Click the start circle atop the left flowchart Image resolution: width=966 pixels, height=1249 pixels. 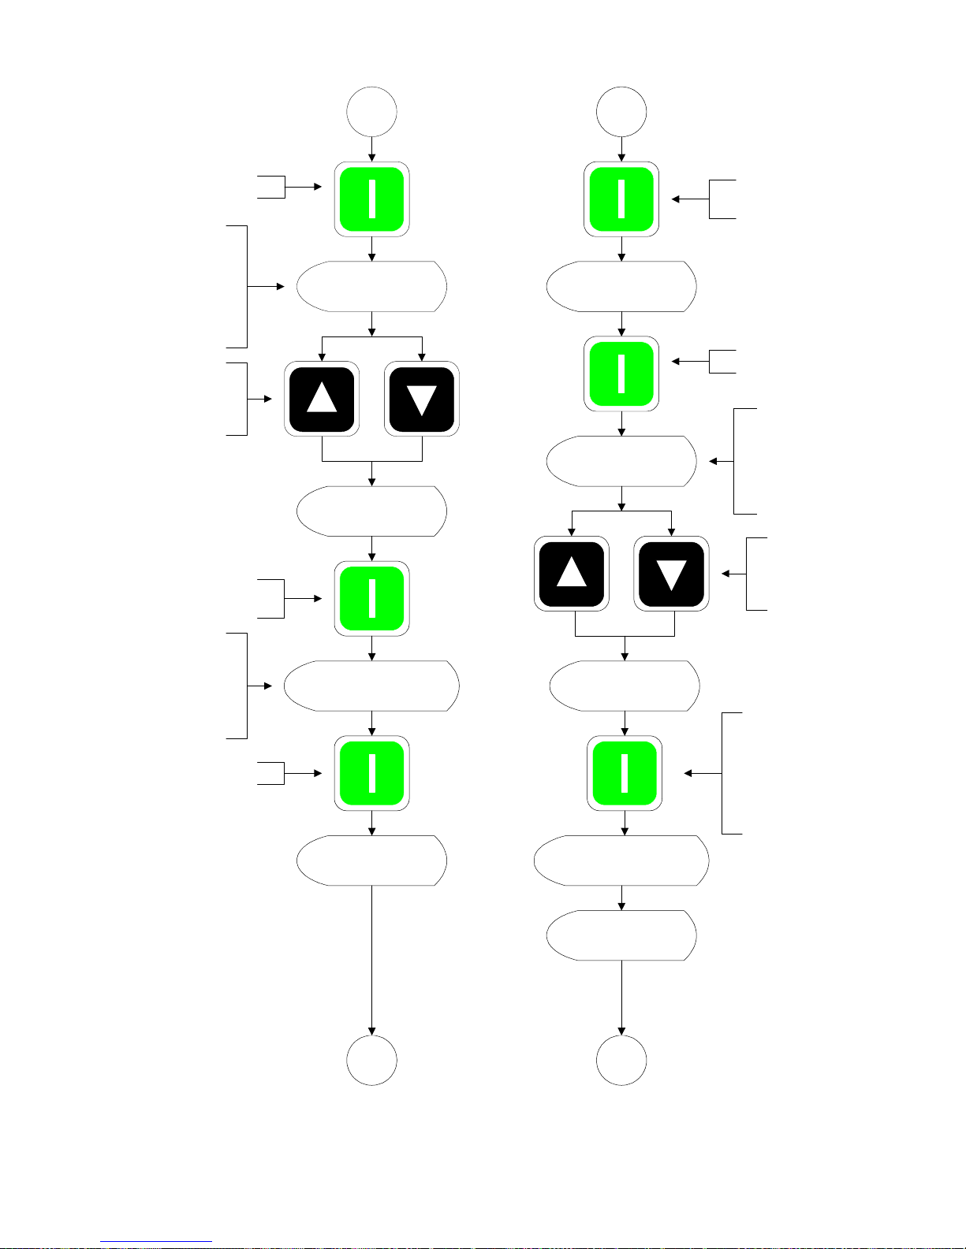tap(371, 112)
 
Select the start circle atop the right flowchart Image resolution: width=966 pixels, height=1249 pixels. tap(621, 112)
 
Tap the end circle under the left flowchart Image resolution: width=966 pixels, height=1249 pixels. tap(371, 1061)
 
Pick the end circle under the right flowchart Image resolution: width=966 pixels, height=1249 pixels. tap(621, 1061)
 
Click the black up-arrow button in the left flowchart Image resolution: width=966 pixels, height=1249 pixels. tap(322, 399)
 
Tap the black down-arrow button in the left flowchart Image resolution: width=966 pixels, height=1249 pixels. tap(422, 399)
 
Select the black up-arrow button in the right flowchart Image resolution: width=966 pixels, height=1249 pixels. tap(572, 574)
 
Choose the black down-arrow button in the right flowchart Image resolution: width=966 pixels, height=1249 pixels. tap(671, 574)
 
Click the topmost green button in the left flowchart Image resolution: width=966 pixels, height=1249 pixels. tap(371, 199)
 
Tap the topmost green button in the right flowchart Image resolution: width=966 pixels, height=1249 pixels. tap(621, 199)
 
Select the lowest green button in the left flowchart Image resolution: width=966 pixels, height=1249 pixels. tap(371, 773)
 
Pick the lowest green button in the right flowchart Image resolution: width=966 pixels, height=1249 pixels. tap(625, 773)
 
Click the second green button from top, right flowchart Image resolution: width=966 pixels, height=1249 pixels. tap(621, 374)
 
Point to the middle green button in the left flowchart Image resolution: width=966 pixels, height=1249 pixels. tap(371, 598)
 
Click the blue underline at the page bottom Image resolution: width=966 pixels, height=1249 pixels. tap(156, 1242)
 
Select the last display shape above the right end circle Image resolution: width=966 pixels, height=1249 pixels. tap(621, 935)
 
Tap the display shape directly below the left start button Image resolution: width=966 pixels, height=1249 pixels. tap(371, 286)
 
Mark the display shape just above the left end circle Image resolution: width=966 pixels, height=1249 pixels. tap(371, 860)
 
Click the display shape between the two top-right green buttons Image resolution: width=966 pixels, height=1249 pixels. tap(621, 286)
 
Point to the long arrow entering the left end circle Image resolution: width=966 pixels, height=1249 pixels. tap(371, 961)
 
